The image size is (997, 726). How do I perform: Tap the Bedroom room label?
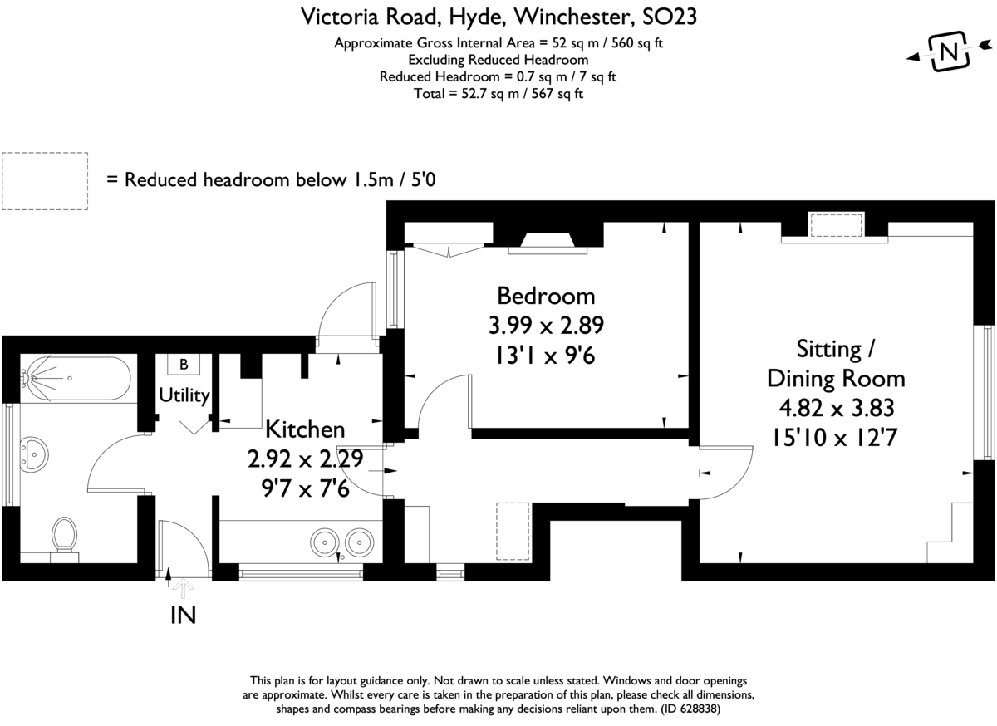546,296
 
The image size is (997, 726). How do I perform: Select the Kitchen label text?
305,429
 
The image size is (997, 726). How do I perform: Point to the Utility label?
184,395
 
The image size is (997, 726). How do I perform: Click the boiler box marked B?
184,364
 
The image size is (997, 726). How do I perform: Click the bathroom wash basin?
34,454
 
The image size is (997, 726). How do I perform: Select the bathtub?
76,379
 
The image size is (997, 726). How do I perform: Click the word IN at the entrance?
184,616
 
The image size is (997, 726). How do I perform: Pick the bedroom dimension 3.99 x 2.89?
546,326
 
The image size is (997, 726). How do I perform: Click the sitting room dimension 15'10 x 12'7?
834,438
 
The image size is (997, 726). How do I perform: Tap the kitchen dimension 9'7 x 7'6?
306,488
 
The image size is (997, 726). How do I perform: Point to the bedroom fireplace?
548,243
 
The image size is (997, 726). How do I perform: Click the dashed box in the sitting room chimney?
837,225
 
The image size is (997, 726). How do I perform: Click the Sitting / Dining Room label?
836,364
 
